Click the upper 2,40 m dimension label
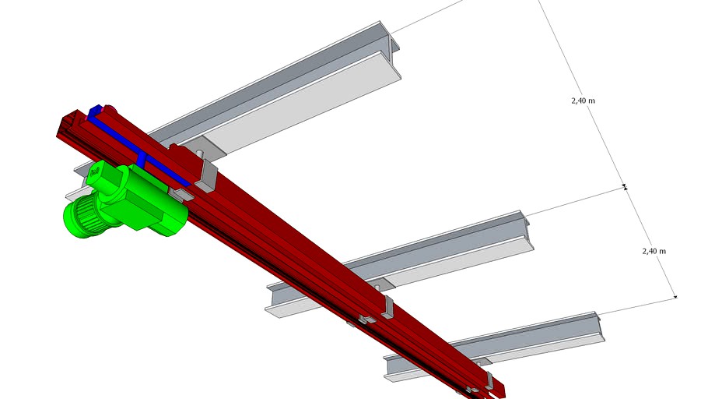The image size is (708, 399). (x=582, y=101)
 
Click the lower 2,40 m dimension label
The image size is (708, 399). (x=654, y=251)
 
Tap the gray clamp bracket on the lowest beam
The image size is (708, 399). (x=489, y=381)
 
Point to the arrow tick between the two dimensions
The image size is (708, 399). (x=625, y=187)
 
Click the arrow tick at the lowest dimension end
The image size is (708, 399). (x=675, y=297)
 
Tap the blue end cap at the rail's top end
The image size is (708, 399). (x=96, y=111)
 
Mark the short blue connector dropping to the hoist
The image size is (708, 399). (x=141, y=160)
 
